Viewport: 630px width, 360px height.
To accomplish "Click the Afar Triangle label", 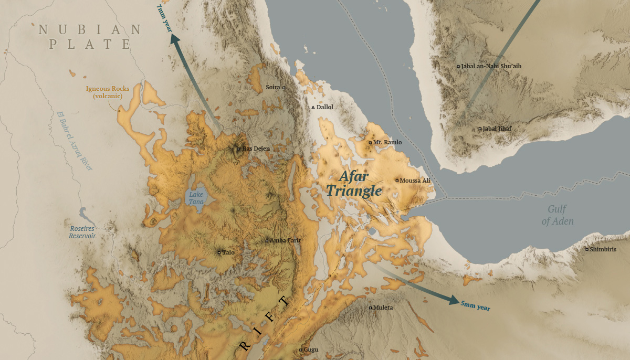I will [x=354, y=184].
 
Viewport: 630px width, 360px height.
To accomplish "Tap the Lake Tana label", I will [x=196, y=198].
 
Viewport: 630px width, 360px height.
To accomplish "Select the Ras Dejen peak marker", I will [x=238, y=149].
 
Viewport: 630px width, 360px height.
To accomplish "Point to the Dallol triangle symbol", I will [x=313, y=107].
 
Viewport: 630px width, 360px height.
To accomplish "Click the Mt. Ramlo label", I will [x=387, y=142].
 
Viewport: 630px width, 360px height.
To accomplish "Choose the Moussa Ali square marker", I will [x=397, y=181].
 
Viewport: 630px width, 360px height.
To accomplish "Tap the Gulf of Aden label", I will [x=558, y=214].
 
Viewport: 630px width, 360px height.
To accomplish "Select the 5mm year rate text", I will [x=475, y=306].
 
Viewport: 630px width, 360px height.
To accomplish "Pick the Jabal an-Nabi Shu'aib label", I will [x=491, y=66].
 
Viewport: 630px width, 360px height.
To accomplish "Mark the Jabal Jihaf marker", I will [x=480, y=129].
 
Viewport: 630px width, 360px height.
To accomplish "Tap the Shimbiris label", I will [x=603, y=249].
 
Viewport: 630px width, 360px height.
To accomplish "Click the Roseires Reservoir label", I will [x=82, y=232].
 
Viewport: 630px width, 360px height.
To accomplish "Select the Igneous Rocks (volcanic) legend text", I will [x=108, y=92].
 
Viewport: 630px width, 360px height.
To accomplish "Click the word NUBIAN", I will [x=90, y=30].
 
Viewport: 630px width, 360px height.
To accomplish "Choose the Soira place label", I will [x=273, y=87].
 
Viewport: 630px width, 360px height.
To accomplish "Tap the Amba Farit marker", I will [x=267, y=241].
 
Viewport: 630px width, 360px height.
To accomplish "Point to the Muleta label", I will [x=382, y=308].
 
